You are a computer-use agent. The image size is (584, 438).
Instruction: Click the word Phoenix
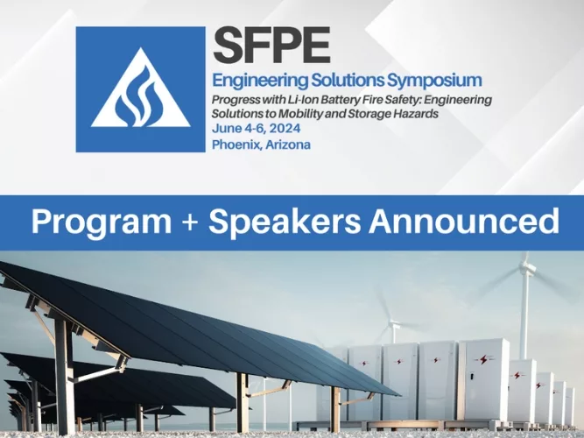coord(237,145)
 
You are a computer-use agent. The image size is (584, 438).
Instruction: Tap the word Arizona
coord(289,145)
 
